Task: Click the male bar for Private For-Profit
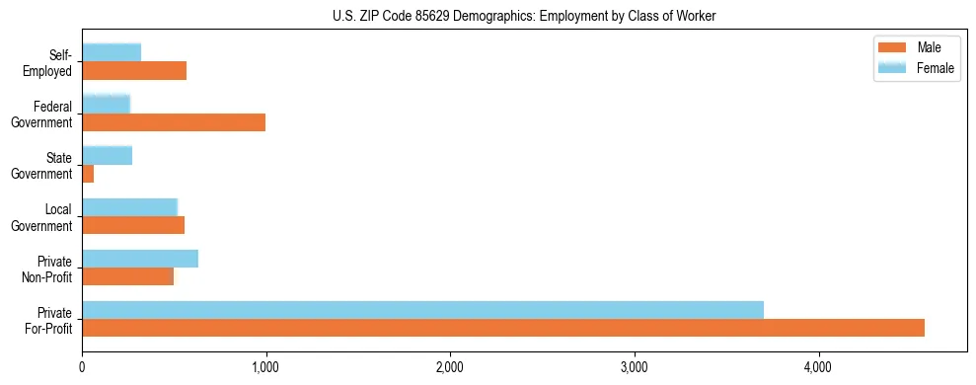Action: tap(503, 328)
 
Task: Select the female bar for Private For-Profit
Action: tap(422, 310)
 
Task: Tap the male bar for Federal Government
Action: tap(174, 121)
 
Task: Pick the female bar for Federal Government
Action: tap(106, 104)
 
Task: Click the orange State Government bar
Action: tap(88, 174)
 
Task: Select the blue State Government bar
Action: tap(107, 155)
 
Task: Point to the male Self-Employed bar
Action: tap(134, 70)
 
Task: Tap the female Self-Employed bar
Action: tap(112, 52)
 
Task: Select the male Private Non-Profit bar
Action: tap(128, 276)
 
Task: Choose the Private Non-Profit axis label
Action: tap(48, 268)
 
